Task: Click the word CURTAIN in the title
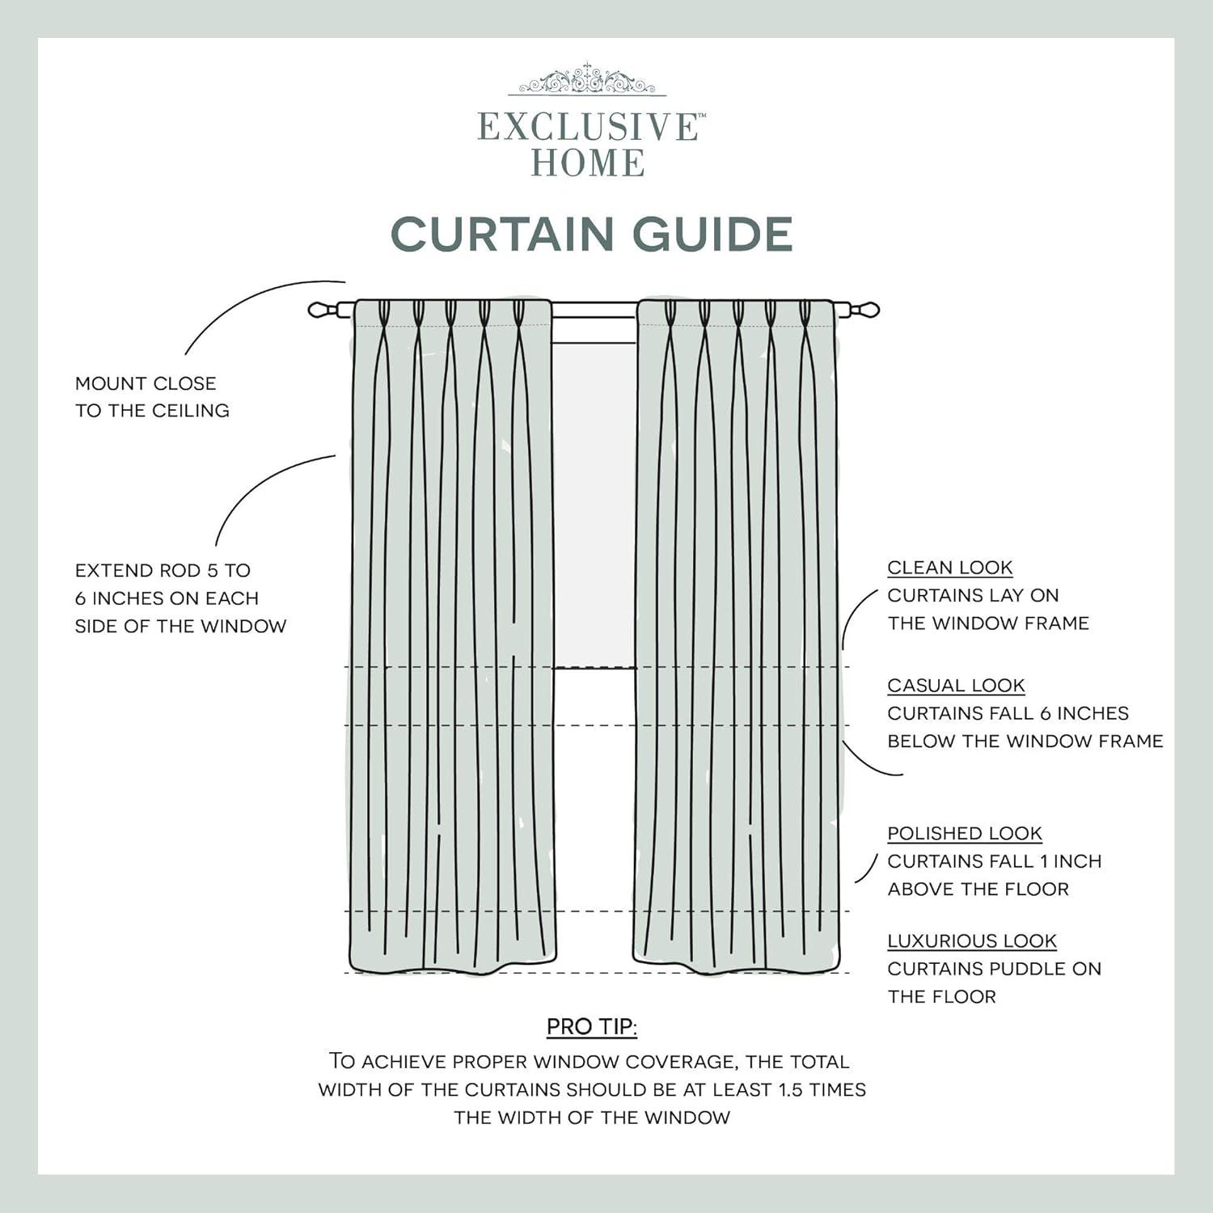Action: tap(504, 235)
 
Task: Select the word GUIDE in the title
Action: tap(712, 235)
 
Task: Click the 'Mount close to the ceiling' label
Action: tap(152, 396)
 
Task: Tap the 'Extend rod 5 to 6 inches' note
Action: tap(180, 598)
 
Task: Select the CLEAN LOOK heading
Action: tap(949, 568)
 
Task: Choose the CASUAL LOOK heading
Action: tap(956, 686)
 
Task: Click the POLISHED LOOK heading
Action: tap(964, 834)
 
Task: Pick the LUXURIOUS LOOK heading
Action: tap(971, 941)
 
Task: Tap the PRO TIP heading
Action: tap(591, 1027)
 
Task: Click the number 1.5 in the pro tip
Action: tap(791, 1090)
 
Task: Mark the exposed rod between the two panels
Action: tap(594, 310)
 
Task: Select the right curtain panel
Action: tap(736, 631)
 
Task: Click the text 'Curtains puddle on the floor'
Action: tap(993, 983)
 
